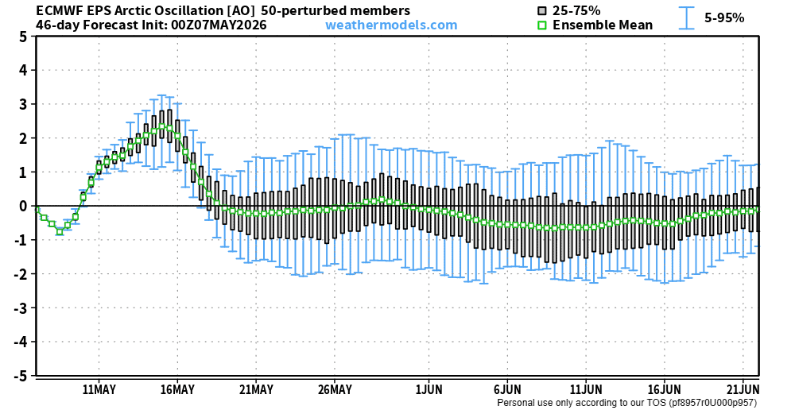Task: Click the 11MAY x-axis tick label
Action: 99,389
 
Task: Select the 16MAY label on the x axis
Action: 177,389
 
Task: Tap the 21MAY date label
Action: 255,389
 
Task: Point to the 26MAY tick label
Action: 334,389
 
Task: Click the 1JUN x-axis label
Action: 429,389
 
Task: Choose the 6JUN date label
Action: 507,389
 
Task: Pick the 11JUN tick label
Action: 586,389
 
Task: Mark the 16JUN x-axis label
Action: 664,389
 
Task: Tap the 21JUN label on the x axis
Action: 743,389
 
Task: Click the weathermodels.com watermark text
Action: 391,25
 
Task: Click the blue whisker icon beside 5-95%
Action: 688,17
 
